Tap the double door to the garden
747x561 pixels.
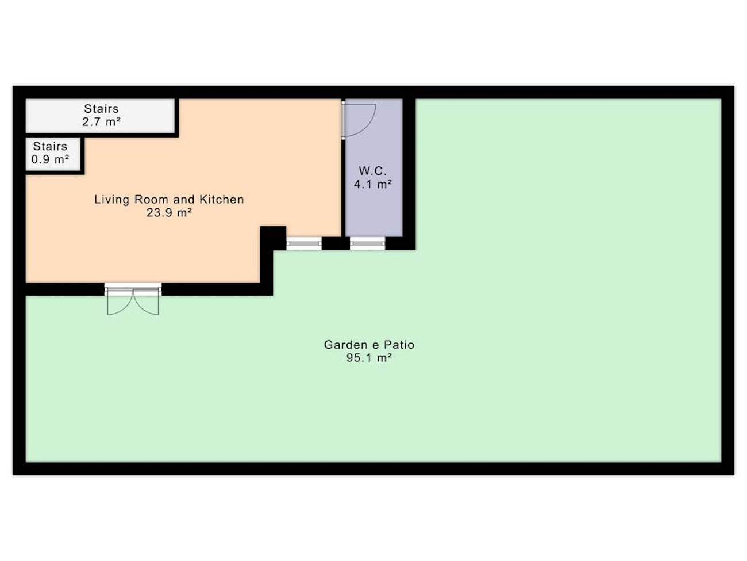[133, 299]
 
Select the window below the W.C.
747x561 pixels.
[368, 243]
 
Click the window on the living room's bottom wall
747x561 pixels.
[304, 243]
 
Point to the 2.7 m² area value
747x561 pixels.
[101, 121]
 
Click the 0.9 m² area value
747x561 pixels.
[51, 159]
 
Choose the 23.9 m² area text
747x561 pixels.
[169, 212]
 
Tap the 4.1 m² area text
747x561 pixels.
[373, 184]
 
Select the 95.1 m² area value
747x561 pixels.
[369, 358]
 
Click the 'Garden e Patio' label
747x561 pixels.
[369, 345]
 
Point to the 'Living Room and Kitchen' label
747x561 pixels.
[169, 200]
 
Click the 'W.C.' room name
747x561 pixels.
[373, 171]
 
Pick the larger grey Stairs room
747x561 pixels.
[101, 116]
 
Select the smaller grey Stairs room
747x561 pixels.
[53, 154]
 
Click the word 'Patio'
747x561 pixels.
[399, 345]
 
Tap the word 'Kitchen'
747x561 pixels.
[222, 200]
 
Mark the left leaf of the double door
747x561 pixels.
[120, 302]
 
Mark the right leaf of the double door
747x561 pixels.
[147, 302]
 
